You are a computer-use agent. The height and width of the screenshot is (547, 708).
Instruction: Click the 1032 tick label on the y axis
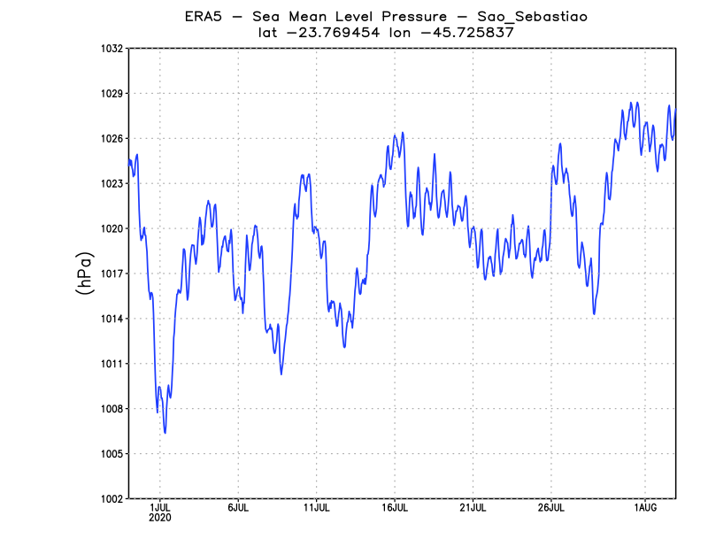coord(112,49)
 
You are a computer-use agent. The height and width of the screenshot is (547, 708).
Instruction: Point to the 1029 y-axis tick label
coord(112,94)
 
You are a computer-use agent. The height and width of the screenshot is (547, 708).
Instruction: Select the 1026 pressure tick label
coord(112,139)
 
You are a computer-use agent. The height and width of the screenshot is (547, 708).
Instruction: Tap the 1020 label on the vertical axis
coord(112,228)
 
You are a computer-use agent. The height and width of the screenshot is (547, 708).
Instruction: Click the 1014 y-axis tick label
coord(112,319)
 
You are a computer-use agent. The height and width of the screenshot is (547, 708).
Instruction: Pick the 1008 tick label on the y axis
coord(112,409)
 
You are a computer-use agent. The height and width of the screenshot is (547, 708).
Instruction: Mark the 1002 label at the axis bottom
coord(112,498)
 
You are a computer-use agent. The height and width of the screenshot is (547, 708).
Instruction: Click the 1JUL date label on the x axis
coord(160,508)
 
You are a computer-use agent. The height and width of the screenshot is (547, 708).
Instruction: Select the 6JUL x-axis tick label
coord(238,508)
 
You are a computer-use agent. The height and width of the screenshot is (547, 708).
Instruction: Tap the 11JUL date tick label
coord(316,508)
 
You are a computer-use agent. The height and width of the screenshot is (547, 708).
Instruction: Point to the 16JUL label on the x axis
coord(395,508)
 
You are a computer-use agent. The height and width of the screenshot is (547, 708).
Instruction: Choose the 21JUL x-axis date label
coord(473,508)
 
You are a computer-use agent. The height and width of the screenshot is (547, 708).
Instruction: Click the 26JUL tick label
coord(550,508)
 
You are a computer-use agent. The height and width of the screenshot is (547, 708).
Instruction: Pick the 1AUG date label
coord(644,508)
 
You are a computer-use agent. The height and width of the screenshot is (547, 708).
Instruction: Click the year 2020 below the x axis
coord(160,518)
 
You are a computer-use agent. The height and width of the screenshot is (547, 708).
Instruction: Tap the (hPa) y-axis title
coord(85,273)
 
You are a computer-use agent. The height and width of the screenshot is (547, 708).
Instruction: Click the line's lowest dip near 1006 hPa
coord(165,432)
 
